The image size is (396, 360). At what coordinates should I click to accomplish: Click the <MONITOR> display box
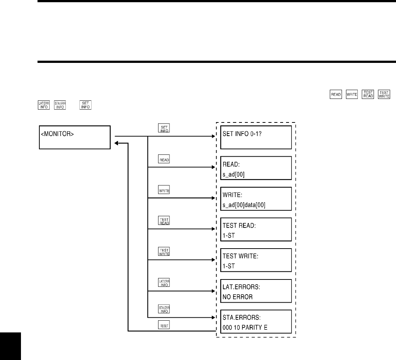click(75, 137)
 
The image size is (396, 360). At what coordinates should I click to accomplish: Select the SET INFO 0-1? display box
click(256, 137)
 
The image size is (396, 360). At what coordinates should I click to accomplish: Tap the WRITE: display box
click(256, 199)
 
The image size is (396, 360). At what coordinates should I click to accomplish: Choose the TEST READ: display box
click(256, 229)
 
